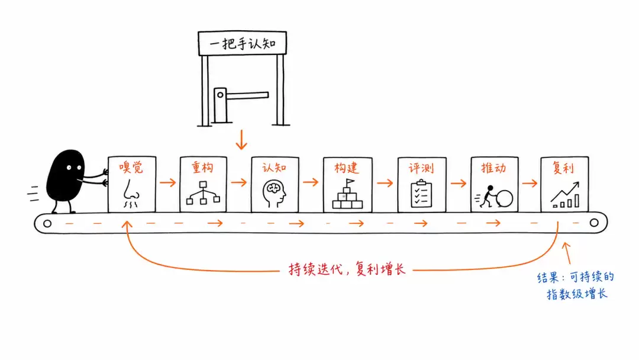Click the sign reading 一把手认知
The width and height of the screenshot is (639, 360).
coord(242,43)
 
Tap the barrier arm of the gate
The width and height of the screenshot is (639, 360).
coord(247,95)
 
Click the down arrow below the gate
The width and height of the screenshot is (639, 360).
coord(241,139)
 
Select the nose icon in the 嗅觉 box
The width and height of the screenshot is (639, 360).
coord(131,193)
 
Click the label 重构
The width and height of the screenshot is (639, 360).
coord(202,168)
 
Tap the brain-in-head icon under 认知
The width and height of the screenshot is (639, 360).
coord(275,194)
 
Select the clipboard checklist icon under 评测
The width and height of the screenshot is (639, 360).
coord(421,194)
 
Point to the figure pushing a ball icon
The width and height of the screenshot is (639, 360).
coord(494,197)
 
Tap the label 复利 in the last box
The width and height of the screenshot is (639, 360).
coord(563,168)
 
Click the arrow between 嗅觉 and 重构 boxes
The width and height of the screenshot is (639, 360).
coord(167,182)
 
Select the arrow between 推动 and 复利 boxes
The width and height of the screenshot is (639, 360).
coord(530,183)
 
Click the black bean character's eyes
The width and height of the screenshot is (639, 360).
coord(74,167)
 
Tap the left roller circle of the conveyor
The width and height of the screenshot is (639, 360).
coord(47,223)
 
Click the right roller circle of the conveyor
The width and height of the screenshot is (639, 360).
coord(594,223)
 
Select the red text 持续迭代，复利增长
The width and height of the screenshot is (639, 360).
coord(347,269)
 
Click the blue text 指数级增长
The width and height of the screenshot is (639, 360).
coord(577,294)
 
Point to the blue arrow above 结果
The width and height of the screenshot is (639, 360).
coord(567,253)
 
